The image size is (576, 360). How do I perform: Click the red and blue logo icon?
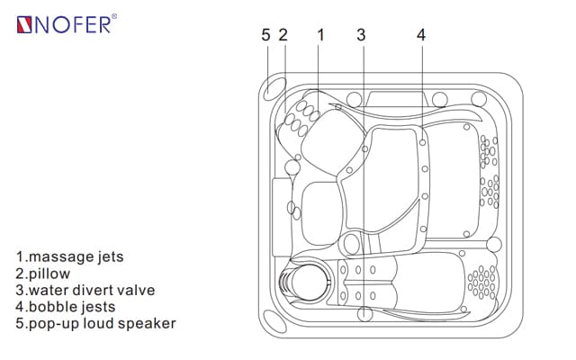click(x=26, y=24)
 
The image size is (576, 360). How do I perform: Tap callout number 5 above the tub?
click(x=265, y=35)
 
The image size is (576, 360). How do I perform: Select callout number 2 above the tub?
click(x=283, y=35)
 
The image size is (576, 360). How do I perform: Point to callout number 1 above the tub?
click(x=320, y=35)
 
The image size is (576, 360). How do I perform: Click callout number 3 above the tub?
click(x=361, y=35)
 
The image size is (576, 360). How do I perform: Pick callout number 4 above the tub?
click(x=421, y=35)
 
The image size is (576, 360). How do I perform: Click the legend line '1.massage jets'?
click(x=69, y=256)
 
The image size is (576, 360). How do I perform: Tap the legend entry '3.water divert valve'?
click(x=85, y=290)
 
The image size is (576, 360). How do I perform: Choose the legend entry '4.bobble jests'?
click(x=65, y=307)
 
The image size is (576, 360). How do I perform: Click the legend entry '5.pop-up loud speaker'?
click(x=95, y=323)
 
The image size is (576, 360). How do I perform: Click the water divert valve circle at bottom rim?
click(x=364, y=314)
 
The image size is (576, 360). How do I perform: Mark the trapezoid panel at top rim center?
click(x=389, y=96)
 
